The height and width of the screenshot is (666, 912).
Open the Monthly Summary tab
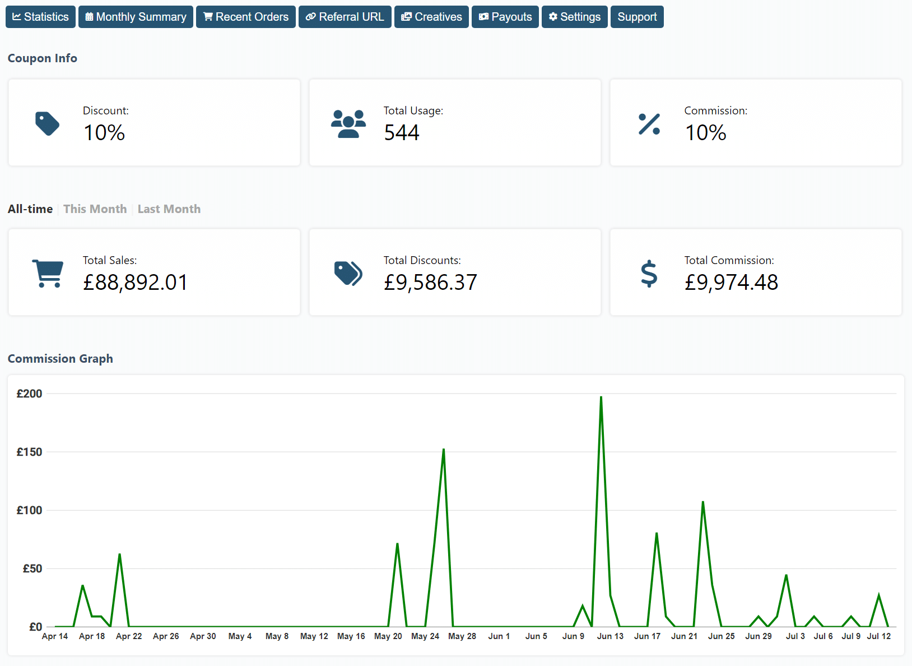[136, 17]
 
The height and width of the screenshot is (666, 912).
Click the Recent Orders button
[246, 17]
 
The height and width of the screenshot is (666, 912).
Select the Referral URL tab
[345, 17]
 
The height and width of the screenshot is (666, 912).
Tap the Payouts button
[505, 17]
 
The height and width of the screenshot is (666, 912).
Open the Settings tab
[574, 17]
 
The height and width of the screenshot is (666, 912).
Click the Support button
[637, 17]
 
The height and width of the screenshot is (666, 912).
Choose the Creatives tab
[431, 17]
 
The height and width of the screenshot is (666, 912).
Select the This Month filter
[95, 209]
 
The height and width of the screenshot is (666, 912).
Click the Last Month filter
[169, 209]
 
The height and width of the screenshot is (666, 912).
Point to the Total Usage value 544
[401, 133]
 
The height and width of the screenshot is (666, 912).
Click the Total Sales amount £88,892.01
[135, 282]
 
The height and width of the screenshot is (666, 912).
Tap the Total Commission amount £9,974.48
[731, 282]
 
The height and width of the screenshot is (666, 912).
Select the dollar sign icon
[649, 274]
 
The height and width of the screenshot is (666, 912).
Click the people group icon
[348, 124]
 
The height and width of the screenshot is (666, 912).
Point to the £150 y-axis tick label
[29, 452]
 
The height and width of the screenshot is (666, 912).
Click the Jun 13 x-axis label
[610, 636]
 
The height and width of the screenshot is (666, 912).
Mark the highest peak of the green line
[601, 397]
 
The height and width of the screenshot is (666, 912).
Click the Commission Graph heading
[61, 359]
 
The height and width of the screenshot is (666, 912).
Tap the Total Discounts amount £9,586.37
[430, 282]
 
